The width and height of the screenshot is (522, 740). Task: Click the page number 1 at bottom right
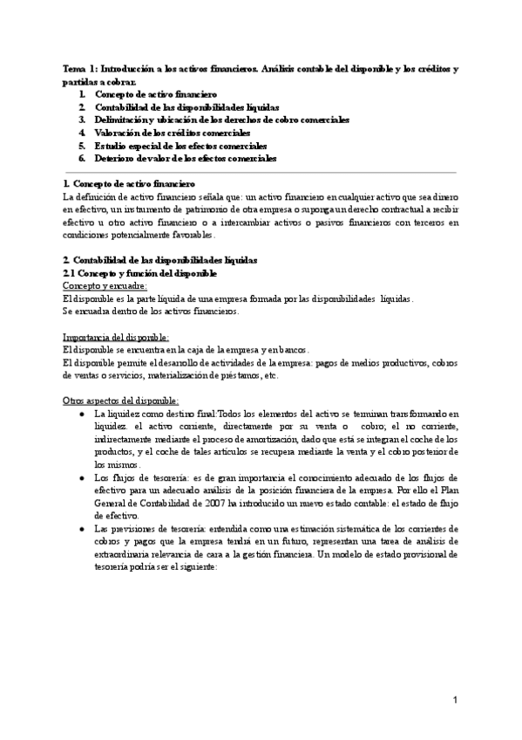(456, 700)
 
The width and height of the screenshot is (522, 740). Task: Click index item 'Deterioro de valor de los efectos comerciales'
(185, 158)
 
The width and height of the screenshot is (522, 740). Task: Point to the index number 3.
(81, 119)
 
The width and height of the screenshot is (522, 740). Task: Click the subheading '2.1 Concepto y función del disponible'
(140, 274)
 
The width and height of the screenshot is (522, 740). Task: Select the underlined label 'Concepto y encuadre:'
(105, 286)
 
